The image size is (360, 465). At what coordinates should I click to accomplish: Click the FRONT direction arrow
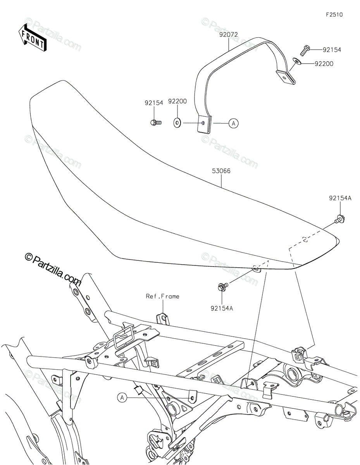pyautogui.click(x=33, y=37)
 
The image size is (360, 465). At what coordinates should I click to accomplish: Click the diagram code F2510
pyautogui.click(x=334, y=15)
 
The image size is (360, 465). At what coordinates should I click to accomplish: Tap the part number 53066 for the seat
pyautogui.click(x=221, y=171)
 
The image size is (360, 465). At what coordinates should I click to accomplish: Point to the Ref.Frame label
pyautogui.click(x=162, y=296)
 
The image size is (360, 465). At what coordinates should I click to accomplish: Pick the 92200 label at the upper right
pyautogui.click(x=324, y=64)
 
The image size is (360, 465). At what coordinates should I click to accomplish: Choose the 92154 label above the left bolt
pyautogui.click(x=154, y=103)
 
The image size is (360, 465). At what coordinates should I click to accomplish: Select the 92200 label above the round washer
pyautogui.click(x=177, y=102)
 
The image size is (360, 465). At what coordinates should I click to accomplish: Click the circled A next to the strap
pyautogui.click(x=233, y=124)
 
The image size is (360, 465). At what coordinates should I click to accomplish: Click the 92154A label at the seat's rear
pyautogui.click(x=340, y=198)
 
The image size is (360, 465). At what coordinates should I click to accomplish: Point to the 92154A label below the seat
pyautogui.click(x=222, y=308)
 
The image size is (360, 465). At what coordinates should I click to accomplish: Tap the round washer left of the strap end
pyautogui.click(x=177, y=123)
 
